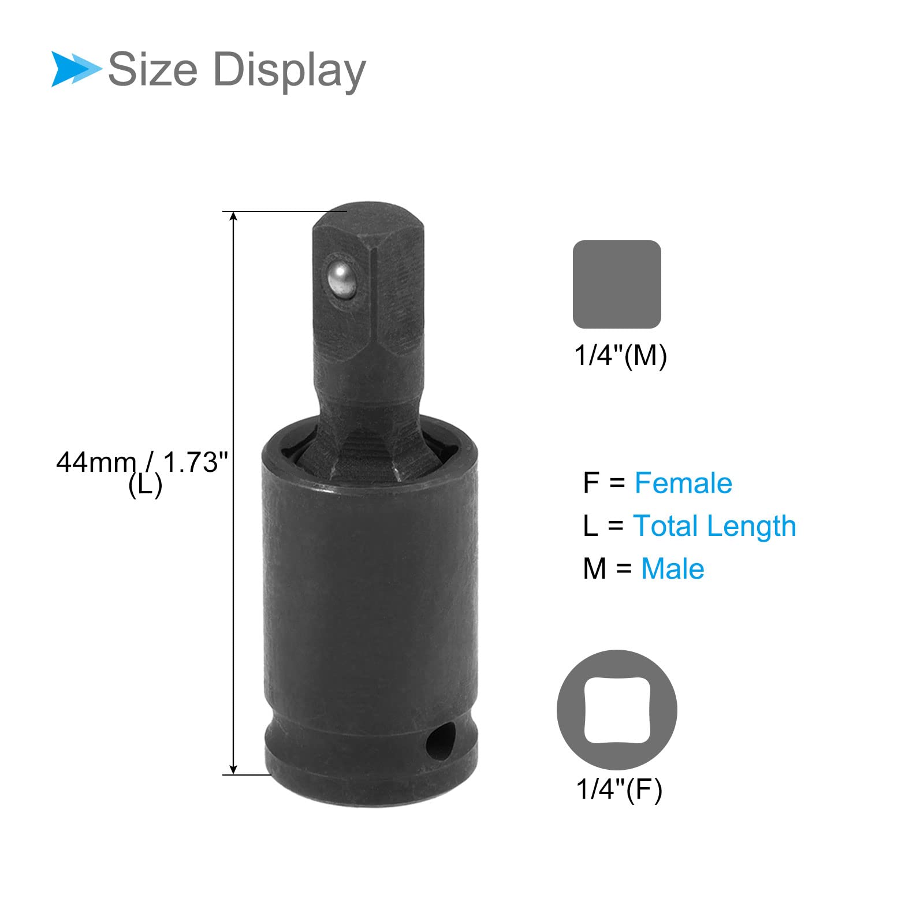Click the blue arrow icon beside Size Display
click(75, 69)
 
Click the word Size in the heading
click(153, 70)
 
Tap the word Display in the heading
click(289, 71)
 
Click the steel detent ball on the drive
click(340, 279)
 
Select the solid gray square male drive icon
click(617, 284)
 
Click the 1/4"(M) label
click(620, 355)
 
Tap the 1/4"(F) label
click(619, 789)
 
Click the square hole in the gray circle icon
click(617, 710)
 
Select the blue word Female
click(683, 483)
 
